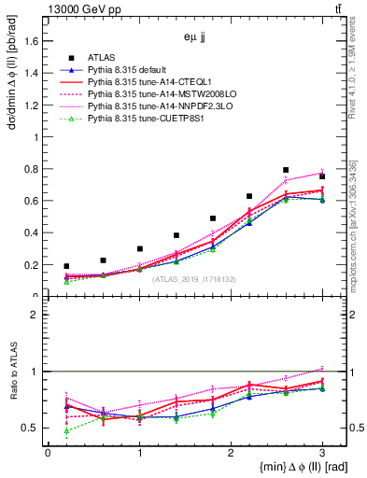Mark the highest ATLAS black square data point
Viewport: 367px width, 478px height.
pyautogui.click(x=286, y=170)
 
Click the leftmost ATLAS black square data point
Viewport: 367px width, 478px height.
pyautogui.click(x=66, y=266)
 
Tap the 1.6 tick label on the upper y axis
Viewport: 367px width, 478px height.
pyautogui.click(x=31, y=41)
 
